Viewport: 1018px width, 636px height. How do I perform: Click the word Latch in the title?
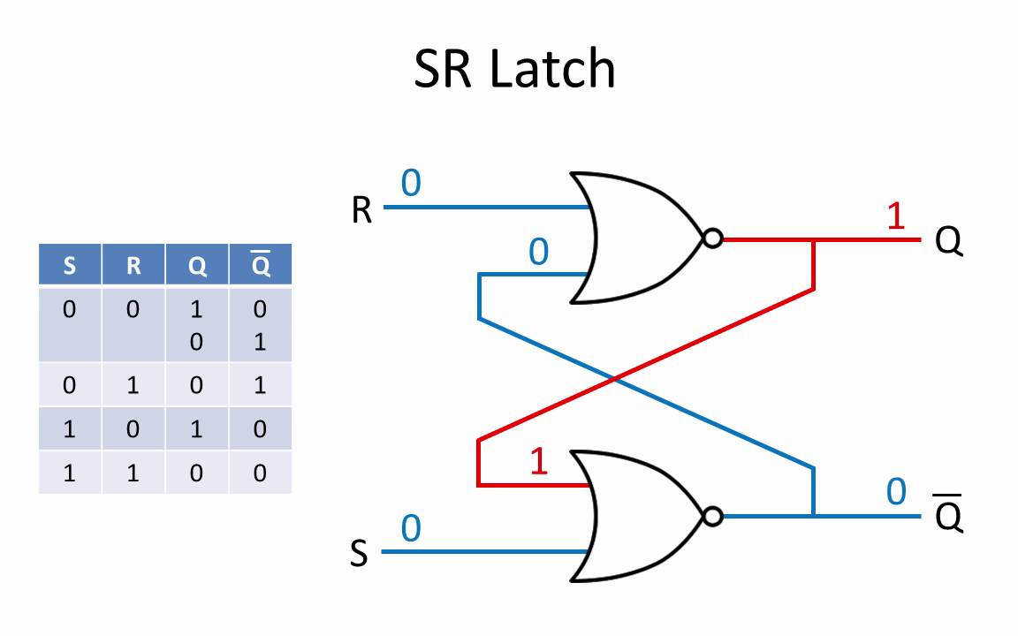(x=551, y=69)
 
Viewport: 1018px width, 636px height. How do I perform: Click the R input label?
(x=361, y=210)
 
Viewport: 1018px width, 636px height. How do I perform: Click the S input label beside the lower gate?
(x=359, y=554)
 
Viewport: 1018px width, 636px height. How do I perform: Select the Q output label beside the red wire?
(x=948, y=241)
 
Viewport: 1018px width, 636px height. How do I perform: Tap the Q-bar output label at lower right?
(x=948, y=515)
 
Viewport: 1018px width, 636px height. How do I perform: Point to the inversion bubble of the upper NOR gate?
(x=713, y=238)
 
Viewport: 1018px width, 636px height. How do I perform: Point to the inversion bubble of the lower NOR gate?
(x=713, y=517)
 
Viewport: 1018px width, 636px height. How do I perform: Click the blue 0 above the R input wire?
(x=411, y=182)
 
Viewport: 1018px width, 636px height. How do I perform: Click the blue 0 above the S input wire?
(x=411, y=528)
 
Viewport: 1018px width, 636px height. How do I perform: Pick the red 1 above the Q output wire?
(x=896, y=216)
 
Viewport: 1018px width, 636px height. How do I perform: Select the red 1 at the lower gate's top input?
(x=539, y=461)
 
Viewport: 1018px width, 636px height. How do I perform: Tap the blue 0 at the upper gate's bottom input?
(x=539, y=252)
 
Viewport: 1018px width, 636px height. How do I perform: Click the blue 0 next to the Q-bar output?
(x=896, y=492)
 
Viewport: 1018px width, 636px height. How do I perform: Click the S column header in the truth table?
(x=70, y=265)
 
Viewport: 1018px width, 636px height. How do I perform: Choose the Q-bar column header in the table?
(x=261, y=264)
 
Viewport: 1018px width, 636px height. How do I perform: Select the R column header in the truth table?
(x=133, y=265)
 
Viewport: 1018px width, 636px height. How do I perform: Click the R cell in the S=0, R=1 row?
(x=133, y=385)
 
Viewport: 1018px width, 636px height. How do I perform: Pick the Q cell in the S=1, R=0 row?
(x=197, y=429)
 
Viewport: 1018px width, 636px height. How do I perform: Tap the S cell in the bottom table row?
(x=70, y=473)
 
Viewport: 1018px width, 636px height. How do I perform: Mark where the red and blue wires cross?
(x=614, y=378)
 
